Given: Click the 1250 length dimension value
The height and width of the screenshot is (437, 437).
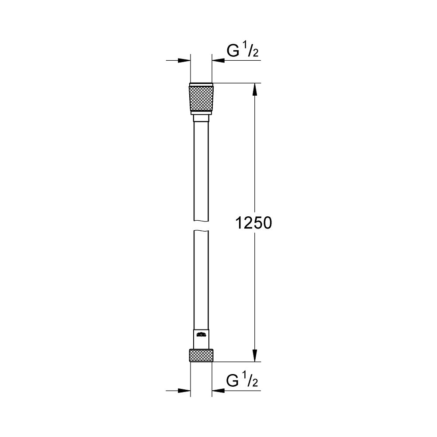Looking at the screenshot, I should point(253,223).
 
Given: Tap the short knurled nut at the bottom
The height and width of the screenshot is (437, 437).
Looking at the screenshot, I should point(201,355).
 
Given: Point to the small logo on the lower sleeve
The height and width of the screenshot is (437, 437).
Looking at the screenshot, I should point(201,336).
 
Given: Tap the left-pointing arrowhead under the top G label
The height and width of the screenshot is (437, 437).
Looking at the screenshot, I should point(218,60).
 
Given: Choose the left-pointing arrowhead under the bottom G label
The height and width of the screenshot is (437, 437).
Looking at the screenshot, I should point(218,390).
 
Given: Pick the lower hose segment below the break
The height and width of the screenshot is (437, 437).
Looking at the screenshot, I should point(201,280).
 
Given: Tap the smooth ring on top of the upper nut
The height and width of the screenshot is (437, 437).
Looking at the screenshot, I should point(201,84).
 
